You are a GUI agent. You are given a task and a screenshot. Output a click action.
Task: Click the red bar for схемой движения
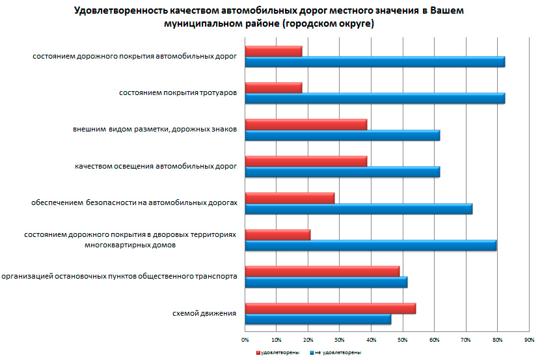point(330,309)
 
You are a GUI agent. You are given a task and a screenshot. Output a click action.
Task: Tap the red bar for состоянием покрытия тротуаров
point(273,88)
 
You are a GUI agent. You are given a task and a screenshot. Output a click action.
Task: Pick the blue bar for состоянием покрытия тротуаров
point(374,98)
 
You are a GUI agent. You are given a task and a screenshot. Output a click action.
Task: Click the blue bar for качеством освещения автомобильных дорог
point(342,172)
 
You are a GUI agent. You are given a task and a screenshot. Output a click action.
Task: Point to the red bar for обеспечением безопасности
point(290,198)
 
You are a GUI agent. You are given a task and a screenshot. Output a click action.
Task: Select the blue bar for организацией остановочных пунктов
point(326,282)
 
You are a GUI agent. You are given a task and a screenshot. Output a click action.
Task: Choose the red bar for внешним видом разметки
point(306,124)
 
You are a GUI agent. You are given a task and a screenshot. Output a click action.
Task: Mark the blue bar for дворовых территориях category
point(370,245)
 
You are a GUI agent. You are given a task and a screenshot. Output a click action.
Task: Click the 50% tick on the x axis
point(403,340)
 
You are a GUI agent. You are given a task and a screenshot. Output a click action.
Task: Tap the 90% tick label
point(529,340)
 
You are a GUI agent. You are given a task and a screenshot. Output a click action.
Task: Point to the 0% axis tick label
point(245,340)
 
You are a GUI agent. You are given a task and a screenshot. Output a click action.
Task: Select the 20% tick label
point(308,340)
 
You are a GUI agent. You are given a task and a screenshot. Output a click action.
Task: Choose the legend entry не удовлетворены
point(338,352)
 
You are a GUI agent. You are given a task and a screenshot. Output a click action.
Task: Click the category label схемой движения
point(204,314)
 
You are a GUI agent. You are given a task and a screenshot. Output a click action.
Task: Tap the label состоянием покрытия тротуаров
point(178,93)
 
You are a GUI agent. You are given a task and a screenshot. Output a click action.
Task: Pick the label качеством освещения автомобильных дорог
point(155,167)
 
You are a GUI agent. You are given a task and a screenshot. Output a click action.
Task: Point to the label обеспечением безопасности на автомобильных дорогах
point(134,203)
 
